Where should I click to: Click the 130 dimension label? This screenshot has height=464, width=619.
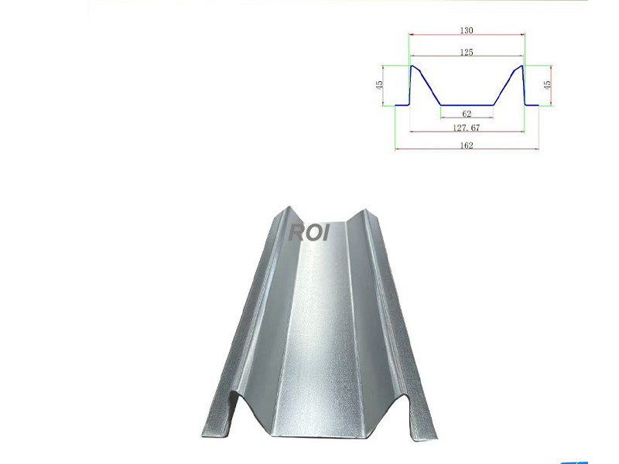click(466, 31)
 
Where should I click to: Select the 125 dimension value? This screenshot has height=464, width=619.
click(466, 53)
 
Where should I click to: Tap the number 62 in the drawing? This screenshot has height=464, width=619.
click(466, 114)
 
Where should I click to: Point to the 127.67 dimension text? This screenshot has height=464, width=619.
click(466, 128)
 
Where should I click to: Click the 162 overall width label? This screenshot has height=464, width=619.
click(466, 145)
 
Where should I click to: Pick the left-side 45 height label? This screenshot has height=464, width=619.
click(380, 85)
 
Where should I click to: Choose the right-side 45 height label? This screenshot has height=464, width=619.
click(548, 85)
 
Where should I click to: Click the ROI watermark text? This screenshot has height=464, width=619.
click(309, 231)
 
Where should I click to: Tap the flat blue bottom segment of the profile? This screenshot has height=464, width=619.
click(467, 104)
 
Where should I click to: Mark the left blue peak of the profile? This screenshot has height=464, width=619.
click(412, 67)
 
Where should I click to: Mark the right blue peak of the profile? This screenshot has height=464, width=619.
click(522, 67)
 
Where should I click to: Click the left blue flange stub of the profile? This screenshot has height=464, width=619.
click(402, 104)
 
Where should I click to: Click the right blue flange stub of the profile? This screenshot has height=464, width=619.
click(532, 104)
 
